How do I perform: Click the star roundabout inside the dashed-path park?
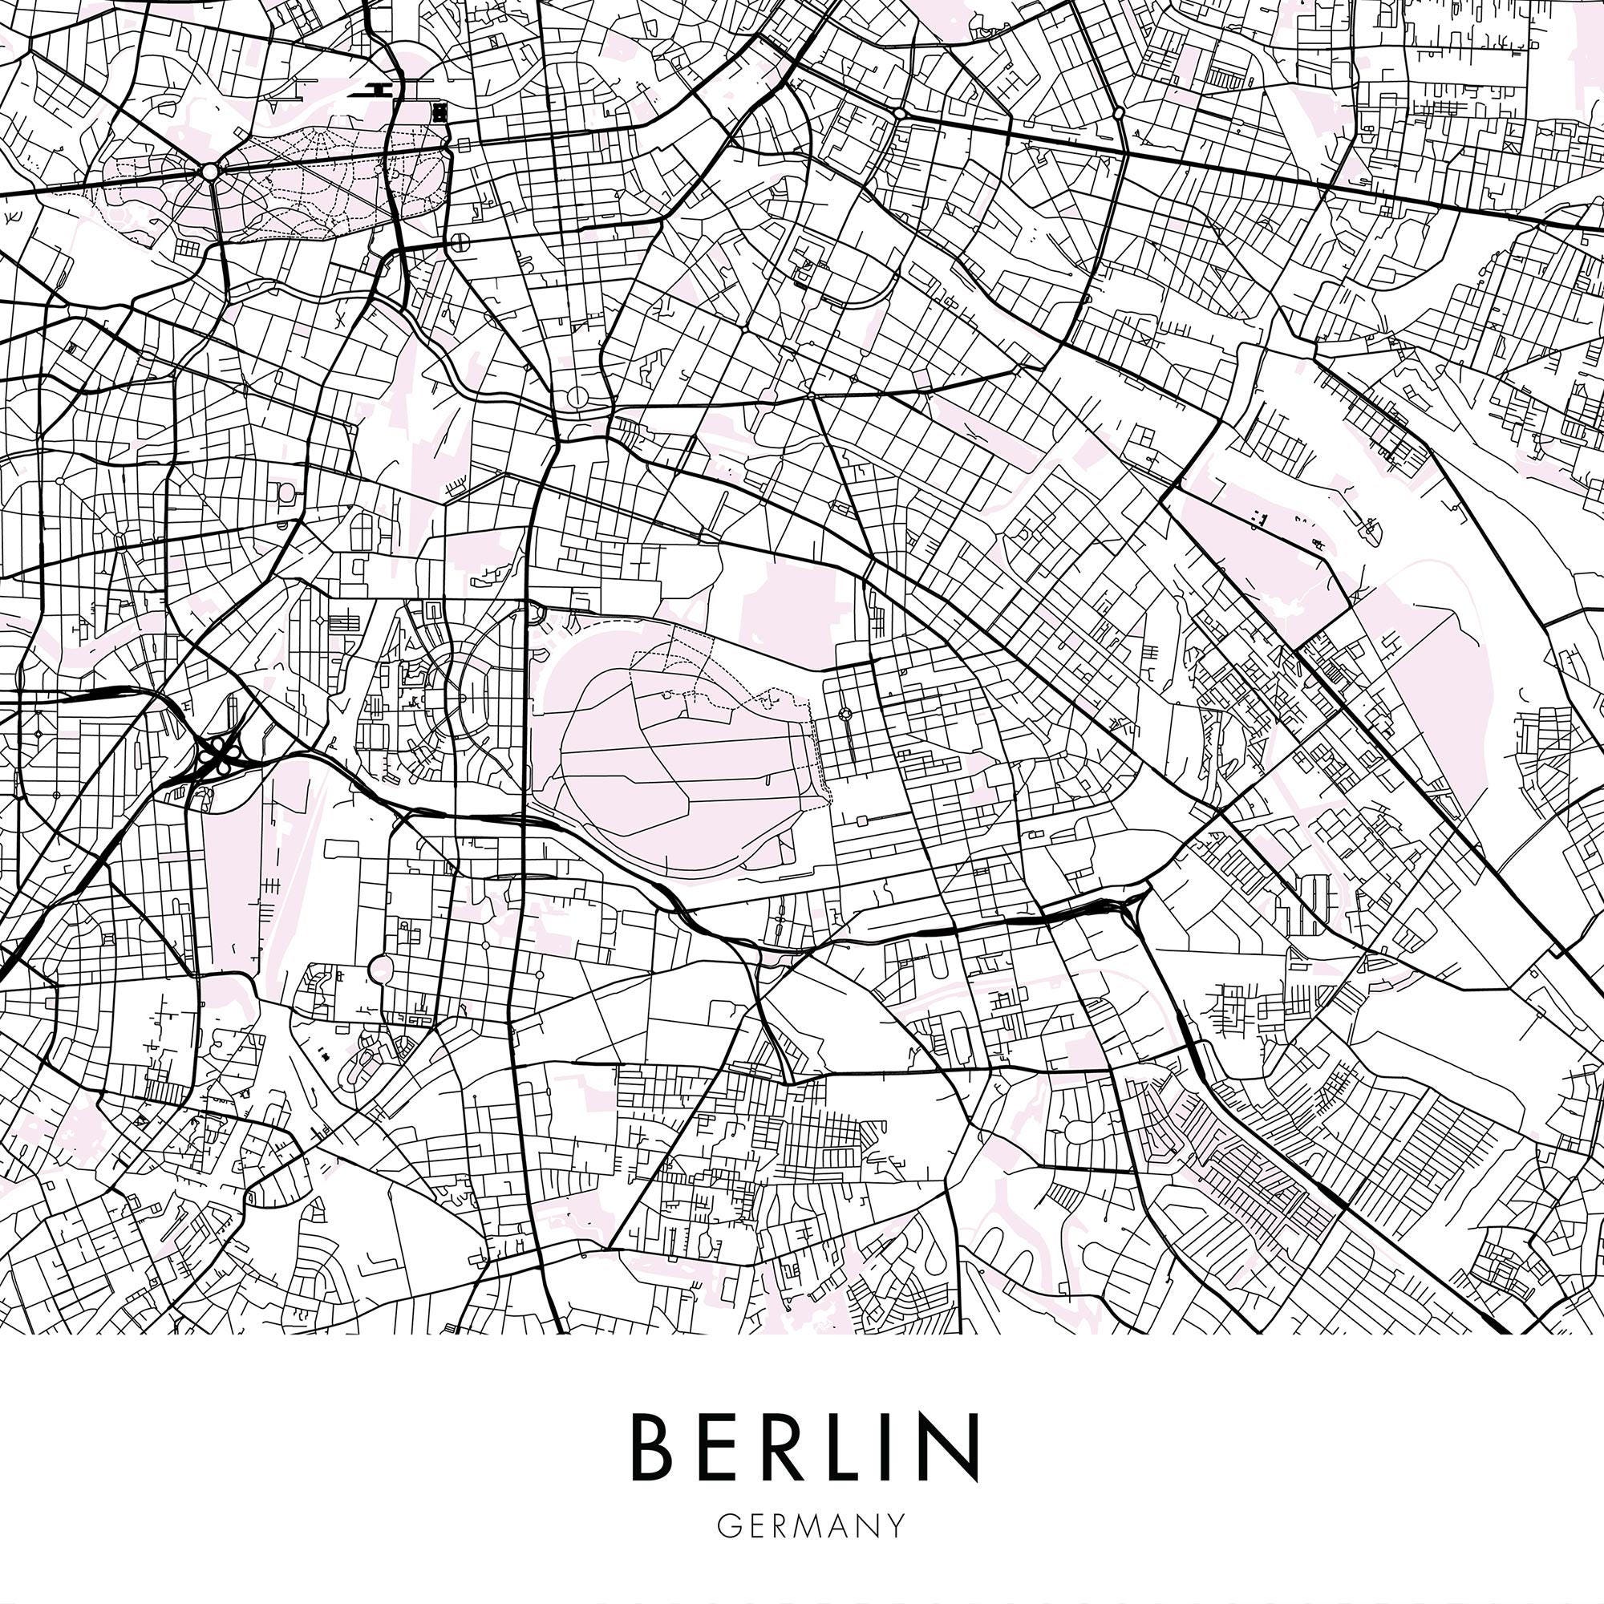tap(209, 172)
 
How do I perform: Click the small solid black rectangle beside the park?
tap(440, 111)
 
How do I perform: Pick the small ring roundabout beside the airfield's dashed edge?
tap(846, 713)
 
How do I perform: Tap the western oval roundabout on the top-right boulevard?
tap(899, 112)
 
